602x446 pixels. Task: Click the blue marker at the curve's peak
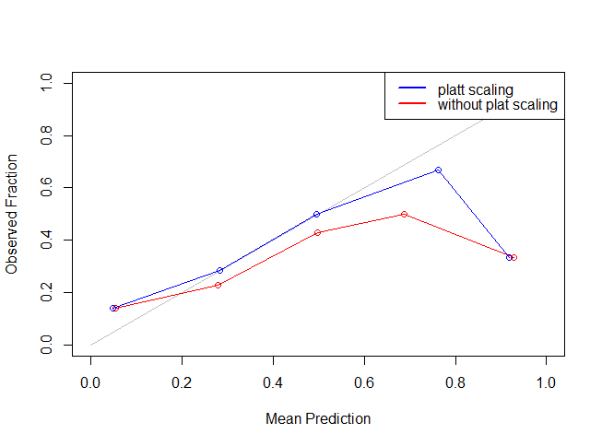pyautogui.click(x=438, y=170)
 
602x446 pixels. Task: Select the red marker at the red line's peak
pyautogui.click(x=404, y=214)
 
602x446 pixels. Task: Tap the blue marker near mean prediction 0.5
pyautogui.click(x=316, y=214)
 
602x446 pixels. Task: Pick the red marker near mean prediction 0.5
pyautogui.click(x=317, y=232)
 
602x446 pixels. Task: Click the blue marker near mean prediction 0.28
pyautogui.click(x=219, y=270)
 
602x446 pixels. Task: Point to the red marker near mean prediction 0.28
pyautogui.click(x=218, y=285)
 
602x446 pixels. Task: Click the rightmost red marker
pyautogui.click(x=513, y=258)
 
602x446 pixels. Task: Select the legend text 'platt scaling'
pyautogui.click(x=475, y=89)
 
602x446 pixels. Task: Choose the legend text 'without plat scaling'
pyautogui.click(x=497, y=105)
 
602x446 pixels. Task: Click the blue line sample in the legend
pyautogui.click(x=411, y=89)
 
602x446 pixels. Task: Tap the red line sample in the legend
pyautogui.click(x=411, y=105)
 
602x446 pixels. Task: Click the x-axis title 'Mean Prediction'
pyautogui.click(x=318, y=418)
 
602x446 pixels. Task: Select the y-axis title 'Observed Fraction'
pyautogui.click(x=12, y=214)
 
